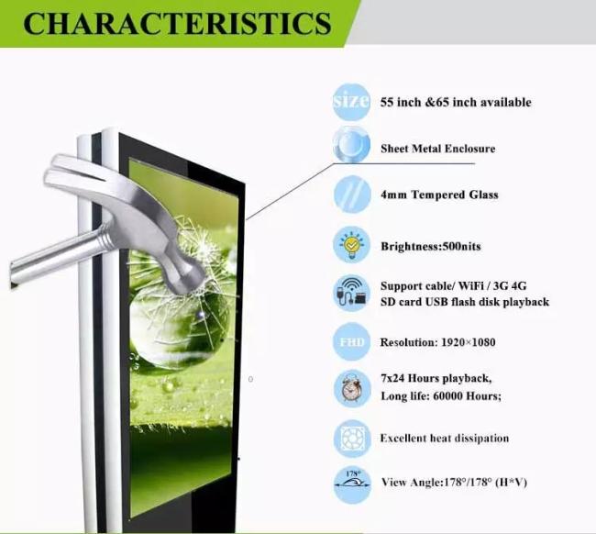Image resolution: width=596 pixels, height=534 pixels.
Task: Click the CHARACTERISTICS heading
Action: click(177, 23)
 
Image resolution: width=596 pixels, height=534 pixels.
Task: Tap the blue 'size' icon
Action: click(351, 102)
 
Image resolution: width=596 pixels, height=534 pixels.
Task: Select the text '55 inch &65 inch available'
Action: click(456, 103)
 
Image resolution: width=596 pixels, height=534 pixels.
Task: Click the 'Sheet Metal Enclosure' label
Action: click(438, 149)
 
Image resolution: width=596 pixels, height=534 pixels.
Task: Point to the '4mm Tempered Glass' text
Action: click(439, 195)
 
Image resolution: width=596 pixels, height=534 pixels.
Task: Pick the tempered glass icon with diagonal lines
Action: click(352, 194)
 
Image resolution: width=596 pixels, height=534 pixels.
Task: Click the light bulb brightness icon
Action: click(352, 245)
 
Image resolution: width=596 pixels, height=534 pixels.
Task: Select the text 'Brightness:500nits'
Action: click(431, 247)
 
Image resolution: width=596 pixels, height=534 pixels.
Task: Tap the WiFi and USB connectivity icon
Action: click(352, 294)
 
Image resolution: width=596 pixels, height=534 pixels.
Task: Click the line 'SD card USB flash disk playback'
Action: click(465, 302)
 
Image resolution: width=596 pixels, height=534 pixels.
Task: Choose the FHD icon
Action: click(352, 341)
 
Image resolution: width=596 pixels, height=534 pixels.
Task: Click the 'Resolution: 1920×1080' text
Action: click(437, 342)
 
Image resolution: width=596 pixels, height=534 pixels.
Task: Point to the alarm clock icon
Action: click(352, 388)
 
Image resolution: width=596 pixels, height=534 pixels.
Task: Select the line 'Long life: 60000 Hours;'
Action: click(441, 396)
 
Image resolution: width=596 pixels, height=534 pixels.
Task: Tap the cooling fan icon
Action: click(352, 439)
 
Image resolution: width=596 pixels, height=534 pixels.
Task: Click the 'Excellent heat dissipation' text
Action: click(445, 439)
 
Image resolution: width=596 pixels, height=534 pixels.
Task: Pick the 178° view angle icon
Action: click(352, 485)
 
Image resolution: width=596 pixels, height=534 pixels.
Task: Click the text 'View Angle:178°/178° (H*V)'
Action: click(454, 483)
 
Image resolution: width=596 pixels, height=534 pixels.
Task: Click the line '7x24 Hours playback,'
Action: click(436, 378)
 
